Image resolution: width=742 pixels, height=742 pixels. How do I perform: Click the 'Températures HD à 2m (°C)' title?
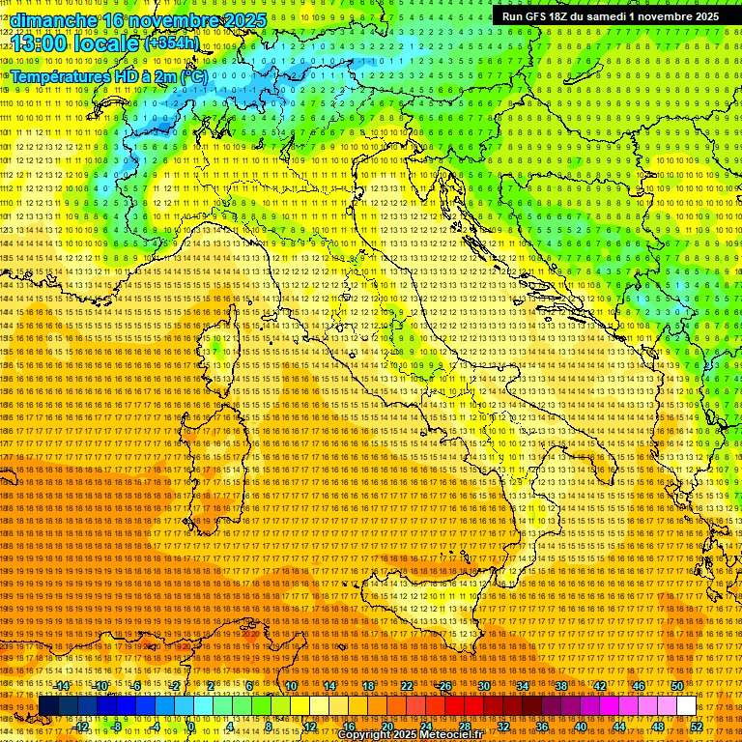pyautogui.click(x=107, y=75)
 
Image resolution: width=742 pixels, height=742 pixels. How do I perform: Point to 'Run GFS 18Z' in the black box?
pyautogui.click(x=539, y=16)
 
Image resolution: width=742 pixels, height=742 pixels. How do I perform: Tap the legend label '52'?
pyautogui.click(x=697, y=726)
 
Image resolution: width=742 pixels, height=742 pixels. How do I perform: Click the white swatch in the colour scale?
pyautogui.click(x=686, y=706)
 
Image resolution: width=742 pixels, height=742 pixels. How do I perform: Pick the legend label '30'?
pyautogui.click(x=484, y=686)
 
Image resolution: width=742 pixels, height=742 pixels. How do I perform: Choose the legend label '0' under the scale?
pyautogui.click(x=191, y=726)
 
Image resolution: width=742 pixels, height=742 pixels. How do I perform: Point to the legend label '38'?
pyautogui.click(x=561, y=686)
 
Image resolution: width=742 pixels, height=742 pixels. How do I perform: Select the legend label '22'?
pyautogui.click(x=407, y=686)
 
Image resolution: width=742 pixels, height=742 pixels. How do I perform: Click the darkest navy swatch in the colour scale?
pyautogui.click(x=48, y=706)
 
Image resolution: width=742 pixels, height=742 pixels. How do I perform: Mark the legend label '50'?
pyautogui.click(x=677, y=686)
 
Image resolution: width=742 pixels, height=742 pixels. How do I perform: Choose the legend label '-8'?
pyautogui.click(x=117, y=726)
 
